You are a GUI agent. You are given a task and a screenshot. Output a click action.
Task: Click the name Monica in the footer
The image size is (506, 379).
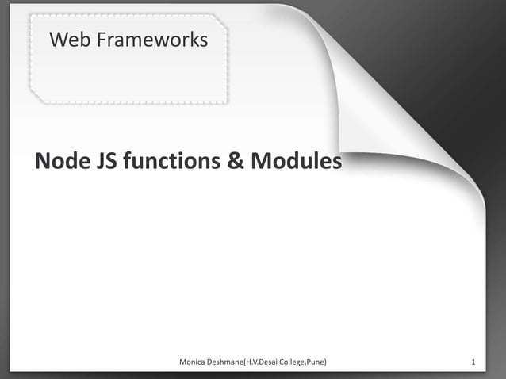pos(195,363)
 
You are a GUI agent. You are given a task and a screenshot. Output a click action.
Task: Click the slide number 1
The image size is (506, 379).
pos(473,363)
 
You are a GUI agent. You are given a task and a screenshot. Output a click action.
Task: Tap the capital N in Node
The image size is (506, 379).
pos(43,162)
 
